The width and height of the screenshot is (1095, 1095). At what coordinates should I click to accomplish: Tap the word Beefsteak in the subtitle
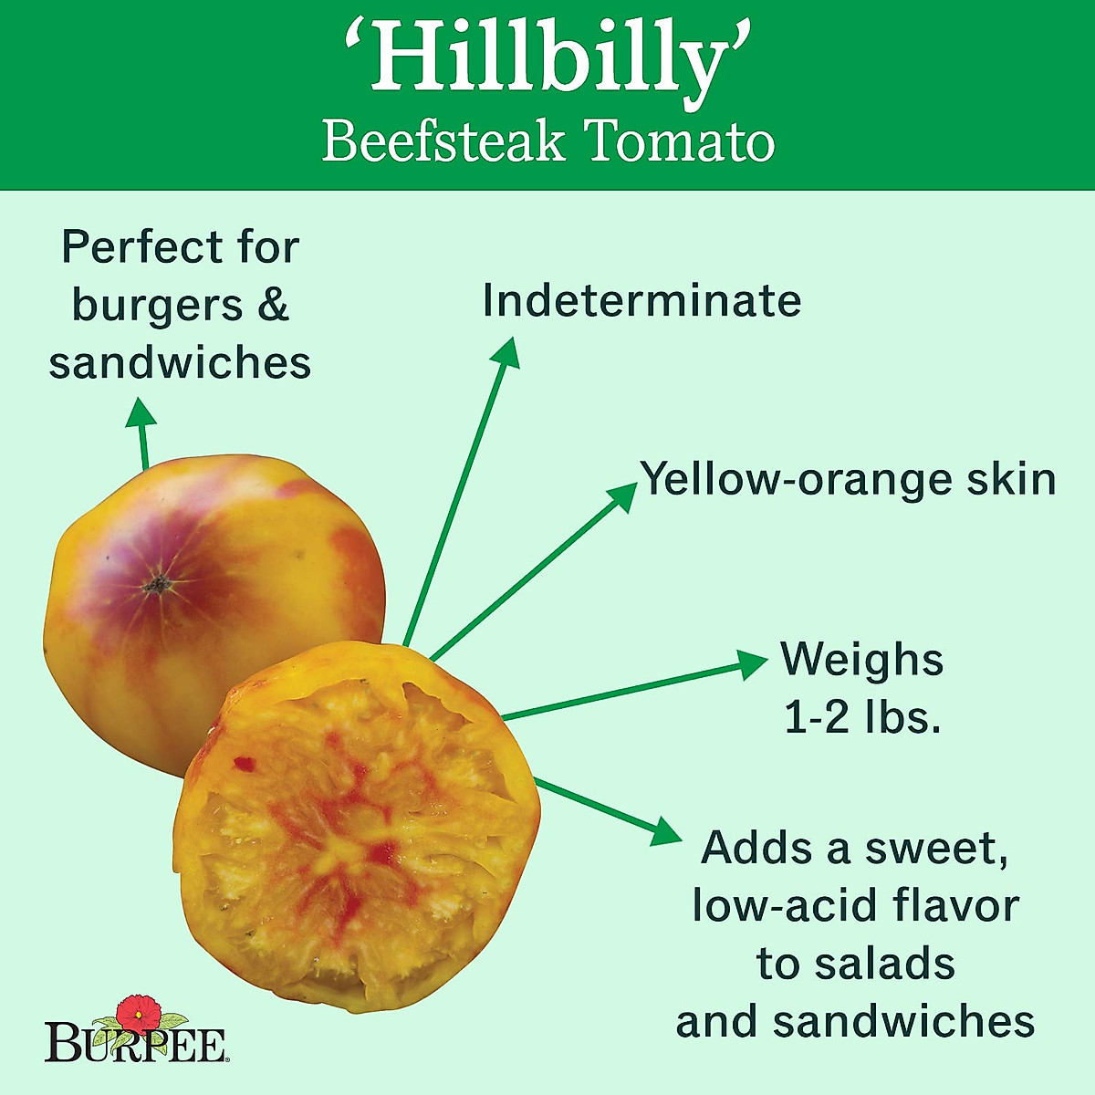(x=443, y=143)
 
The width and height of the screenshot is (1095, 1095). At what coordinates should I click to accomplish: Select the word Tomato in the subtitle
(x=679, y=143)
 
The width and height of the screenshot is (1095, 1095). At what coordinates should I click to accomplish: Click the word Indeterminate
(x=641, y=301)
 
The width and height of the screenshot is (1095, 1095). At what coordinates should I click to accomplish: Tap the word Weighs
(x=861, y=659)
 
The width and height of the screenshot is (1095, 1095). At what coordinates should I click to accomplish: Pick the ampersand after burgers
(x=272, y=304)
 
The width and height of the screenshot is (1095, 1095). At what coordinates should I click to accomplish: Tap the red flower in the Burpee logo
(x=139, y=1010)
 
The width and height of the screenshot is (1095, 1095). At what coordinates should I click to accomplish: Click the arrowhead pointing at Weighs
(x=753, y=663)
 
